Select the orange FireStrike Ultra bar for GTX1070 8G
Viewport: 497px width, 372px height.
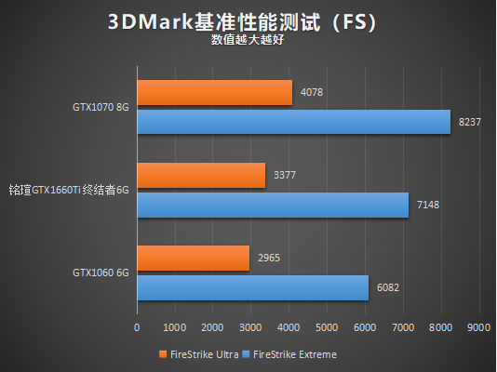tap(214, 92)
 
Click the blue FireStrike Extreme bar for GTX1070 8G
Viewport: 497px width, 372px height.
tap(293, 122)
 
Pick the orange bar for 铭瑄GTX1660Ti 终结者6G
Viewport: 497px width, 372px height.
tap(201, 175)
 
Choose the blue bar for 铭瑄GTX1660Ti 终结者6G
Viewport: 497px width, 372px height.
tap(273, 205)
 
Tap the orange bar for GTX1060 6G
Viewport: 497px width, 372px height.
tap(194, 259)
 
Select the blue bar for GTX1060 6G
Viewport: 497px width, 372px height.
tap(252, 288)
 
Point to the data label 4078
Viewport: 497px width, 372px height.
tap(312, 92)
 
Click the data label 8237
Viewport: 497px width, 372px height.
tap(470, 122)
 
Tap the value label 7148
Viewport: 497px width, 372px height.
tap(428, 205)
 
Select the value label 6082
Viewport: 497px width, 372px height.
tap(388, 288)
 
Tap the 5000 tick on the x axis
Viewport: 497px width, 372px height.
tap(327, 327)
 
